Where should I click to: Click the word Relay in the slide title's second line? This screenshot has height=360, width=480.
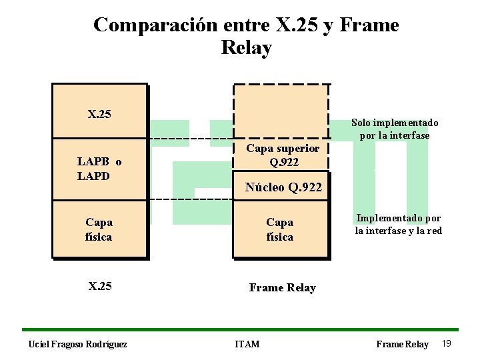(x=246, y=49)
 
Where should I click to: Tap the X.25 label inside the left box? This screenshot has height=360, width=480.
(x=99, y=114)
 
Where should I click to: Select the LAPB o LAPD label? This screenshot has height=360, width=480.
(x=99, y=169)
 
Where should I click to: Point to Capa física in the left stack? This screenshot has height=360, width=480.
(x=99, y=229)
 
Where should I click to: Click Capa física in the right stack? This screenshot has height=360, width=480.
(x=279, y=229)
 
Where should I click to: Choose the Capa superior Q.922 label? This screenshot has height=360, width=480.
(x=283, y=155)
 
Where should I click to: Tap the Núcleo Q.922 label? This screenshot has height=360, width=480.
(x=283, y=187)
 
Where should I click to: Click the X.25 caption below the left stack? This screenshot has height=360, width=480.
(x=100, y=287)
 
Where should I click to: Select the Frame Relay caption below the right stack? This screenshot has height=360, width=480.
(x=282, y=287)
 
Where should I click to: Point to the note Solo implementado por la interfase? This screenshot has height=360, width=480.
(x=395, y=129)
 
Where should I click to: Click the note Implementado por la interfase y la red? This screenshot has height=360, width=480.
(x=398, y=224)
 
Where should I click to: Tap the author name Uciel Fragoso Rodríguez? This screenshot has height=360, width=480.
(x=78, y=344)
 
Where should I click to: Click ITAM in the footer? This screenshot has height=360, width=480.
(x=247, y=344)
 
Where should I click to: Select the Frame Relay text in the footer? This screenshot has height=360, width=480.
(x=402, y=344)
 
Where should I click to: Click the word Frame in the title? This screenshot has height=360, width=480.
(x=369, y=25)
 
